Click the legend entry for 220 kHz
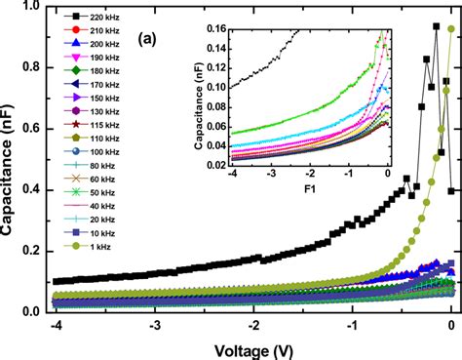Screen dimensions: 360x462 94,19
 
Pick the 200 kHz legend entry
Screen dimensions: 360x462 94,45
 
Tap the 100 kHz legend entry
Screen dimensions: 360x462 94,153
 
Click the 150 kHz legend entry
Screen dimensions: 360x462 94,100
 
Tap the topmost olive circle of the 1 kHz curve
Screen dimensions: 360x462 450,29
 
